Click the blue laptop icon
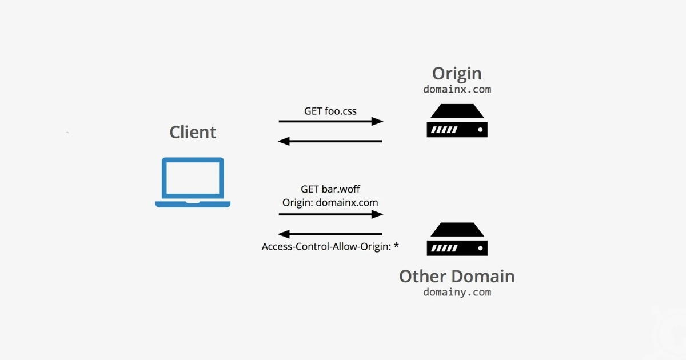[193, 182]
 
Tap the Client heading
[193, 133]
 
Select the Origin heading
[457, 74]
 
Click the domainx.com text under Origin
[457, 90]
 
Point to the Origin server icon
[457, 121]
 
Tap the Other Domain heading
[457, 277]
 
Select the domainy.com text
[457, 293]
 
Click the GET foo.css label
[330, 111]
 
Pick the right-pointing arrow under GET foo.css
[330, 121]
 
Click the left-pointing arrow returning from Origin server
[330, 141]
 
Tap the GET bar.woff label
[330, 189]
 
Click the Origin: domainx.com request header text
[330, 202]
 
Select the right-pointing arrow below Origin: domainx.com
[330, 214]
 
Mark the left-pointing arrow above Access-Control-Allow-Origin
[330, 234]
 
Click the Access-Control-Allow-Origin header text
[326, 247]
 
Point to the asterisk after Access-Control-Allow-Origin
[396, 246]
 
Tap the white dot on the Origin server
[481, 130]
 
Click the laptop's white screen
[193, 179]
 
